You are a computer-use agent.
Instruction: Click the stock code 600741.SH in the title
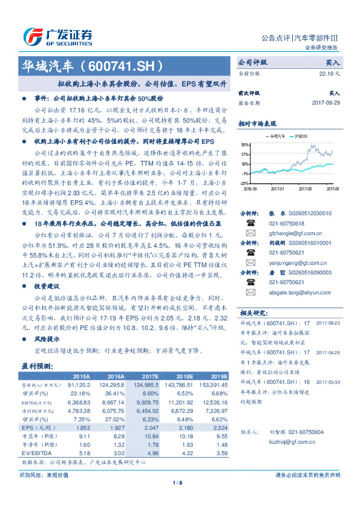point(122,65)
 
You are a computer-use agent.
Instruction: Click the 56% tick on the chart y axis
point(244,144)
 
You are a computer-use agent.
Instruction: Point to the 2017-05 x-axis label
point(307,188)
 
